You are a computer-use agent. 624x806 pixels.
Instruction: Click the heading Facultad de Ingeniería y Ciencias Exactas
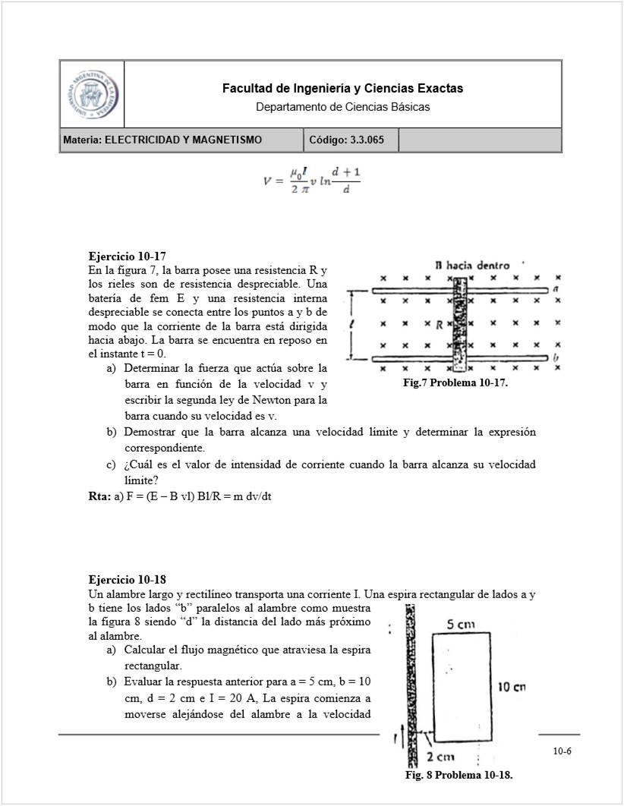point(342,89)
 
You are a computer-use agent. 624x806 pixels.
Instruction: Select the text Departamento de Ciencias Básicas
point(342,107)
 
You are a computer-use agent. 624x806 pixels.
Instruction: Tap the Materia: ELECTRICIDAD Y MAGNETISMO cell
point(181,140)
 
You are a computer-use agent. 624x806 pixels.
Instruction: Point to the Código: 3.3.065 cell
point(351,140)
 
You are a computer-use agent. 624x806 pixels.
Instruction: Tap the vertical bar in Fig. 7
point(459,323)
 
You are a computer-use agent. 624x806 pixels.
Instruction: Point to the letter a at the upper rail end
point(556,288)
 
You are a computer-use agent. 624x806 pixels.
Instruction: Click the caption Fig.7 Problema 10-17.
point(455,384)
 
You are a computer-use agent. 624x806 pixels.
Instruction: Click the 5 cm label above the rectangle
point(460,625)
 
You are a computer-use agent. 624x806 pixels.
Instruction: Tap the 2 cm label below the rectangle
point(440,757)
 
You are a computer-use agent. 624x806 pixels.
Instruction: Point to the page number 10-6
point(562,751)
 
